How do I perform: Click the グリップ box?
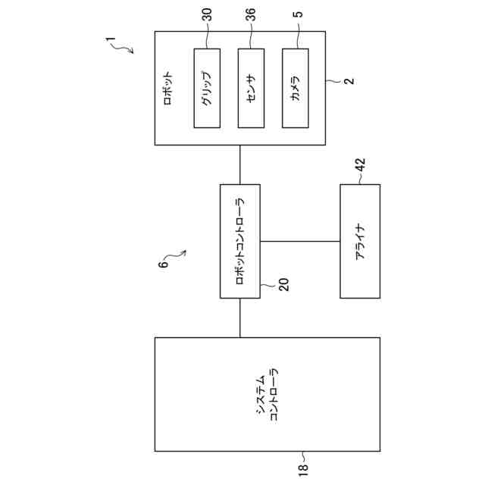[x=207, y=87]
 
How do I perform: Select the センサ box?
[x=251, y=87]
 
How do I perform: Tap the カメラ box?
[x=296, y=87]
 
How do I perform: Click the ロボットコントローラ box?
[x=239, y=241]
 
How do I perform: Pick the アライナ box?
[x=360, y=241]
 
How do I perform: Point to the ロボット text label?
[x=168, y=87]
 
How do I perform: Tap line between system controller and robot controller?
[x=239, y=318]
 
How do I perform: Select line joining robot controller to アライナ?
[x=299, y=241]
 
